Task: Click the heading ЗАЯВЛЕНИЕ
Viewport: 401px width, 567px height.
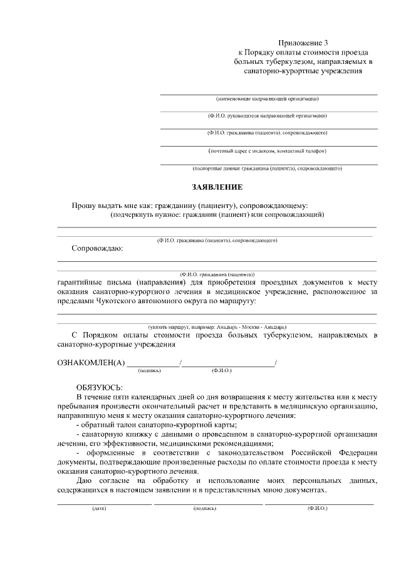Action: (x=217, y=187)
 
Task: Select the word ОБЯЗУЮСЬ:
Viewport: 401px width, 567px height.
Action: (x=100, y=387)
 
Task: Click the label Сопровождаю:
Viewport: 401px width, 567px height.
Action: (x=97, y=248)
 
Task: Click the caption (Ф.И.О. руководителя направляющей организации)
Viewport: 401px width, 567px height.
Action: (x=268, y=116)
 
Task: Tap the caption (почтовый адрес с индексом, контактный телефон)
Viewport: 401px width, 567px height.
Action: (x=268, y=151)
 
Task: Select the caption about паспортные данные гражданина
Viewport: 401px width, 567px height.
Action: (x=268, y=169)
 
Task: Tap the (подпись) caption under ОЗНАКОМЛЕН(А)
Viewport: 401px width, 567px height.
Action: (x=150, y=370)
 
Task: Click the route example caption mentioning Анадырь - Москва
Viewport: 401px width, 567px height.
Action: (x=217, y=327)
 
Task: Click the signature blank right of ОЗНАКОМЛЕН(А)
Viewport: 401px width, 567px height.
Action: (x=154, y=362)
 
